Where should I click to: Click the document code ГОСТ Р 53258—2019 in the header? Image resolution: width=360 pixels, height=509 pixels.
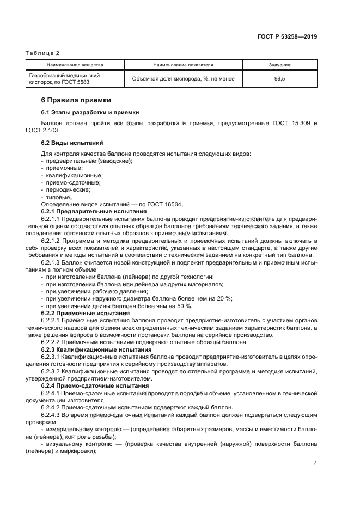click(x=287, y=37)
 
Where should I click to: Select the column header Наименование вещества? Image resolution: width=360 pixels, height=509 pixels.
click(x=75, y=65)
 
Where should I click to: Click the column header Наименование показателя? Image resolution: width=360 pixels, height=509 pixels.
click(x=183, y=65)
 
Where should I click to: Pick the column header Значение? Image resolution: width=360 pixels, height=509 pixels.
click(x=279, y=65)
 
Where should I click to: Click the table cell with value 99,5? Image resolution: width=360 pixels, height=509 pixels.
click(x=279, y=79)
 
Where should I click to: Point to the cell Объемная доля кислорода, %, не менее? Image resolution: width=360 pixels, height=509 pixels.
click(x=183, y=79)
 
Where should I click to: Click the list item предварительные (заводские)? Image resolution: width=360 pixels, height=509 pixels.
click(x=89, y=161)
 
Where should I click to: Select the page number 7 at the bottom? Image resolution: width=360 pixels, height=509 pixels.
click(x=315, y=462)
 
